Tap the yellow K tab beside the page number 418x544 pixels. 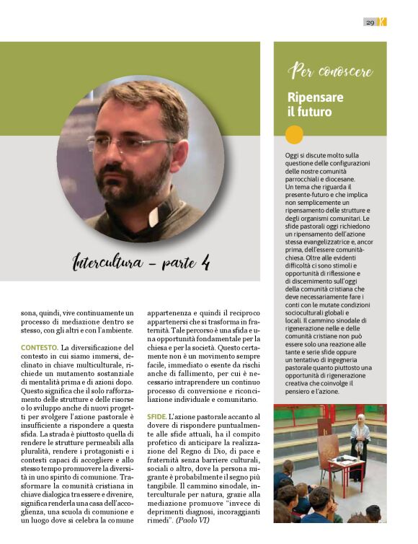point(383,22)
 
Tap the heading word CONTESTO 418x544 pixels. point(39,348)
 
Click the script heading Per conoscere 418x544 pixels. point(329,71)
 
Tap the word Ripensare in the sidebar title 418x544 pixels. point(315,97)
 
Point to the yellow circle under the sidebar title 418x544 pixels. point(294,134)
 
